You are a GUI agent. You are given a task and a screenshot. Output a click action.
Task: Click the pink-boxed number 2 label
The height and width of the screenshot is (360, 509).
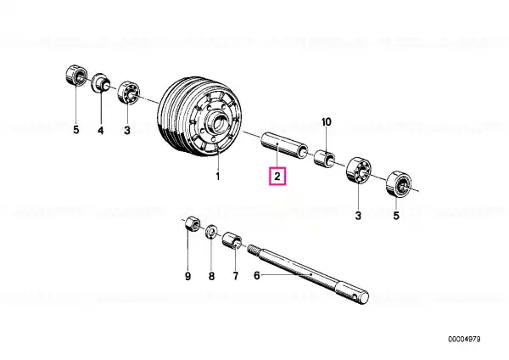(x=277, y=177)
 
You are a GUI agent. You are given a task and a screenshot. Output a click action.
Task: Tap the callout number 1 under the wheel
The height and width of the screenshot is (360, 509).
(x=218, y=177)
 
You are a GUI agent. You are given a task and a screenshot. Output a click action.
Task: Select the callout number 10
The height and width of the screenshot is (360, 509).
(x=327, y=122)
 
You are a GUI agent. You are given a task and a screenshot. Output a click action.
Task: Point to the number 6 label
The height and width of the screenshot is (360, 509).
(x=257, y=276)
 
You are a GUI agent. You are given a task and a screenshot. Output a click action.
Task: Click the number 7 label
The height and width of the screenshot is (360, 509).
(x=235, y=276)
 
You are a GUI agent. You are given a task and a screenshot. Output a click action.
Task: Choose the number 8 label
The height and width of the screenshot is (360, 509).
(x=211, y=276)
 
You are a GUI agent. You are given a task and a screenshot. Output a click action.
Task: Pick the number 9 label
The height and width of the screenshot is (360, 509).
(x=188, y=277)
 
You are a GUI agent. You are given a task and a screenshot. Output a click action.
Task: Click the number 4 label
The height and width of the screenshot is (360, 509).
(x=101, y=131)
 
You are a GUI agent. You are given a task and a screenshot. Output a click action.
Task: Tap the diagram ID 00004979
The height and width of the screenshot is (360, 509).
(x=464, y=340)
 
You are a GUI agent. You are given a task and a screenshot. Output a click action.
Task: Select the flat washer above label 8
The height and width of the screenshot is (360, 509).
(x=212, y=232)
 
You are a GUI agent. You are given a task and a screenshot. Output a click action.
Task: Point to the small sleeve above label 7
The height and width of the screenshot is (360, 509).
(x=232, y=240)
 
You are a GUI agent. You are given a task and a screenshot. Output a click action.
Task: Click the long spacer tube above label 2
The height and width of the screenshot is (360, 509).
(x=285, y=145)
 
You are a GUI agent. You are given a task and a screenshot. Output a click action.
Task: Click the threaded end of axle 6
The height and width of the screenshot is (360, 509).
(x=255, y=250)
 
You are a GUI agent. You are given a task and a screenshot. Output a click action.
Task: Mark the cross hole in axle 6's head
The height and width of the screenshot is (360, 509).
(x=356, y=296)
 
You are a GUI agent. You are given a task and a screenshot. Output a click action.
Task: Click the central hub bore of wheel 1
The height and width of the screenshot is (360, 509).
(x=220, y=123)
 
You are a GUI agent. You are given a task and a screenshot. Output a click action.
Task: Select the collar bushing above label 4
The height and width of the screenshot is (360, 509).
(x=101, y=83)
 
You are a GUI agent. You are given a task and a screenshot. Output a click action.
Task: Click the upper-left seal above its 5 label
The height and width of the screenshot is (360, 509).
(x=76, y=75)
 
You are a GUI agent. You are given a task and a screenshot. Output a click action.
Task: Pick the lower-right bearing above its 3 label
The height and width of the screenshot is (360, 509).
(x=359, y=171)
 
